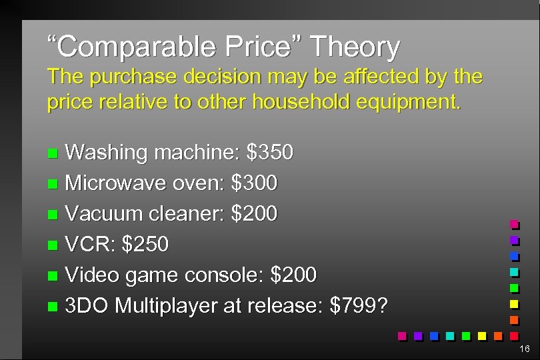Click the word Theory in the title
[355, 47]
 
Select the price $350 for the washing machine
[269, 153]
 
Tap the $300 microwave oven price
[254, 183]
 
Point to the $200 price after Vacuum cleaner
[254, 213]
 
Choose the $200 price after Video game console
[293, 275]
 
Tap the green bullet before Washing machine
[54, 153]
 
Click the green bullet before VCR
[54, 245]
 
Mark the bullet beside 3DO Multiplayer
[54, 306]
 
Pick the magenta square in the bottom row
[402, 335]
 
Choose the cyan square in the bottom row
[450, 335]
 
